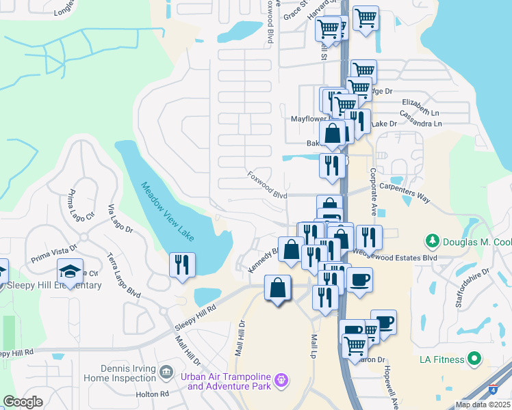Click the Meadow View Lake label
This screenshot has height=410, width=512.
168,211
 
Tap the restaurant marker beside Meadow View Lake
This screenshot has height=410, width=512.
182,264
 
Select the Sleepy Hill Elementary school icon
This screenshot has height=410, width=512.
70,271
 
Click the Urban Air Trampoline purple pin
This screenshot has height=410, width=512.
280,379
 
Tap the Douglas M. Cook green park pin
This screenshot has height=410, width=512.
433,241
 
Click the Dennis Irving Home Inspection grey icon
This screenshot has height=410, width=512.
166,372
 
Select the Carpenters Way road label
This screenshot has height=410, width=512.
406,193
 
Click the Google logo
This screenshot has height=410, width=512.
22,402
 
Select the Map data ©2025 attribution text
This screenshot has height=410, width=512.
483,405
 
